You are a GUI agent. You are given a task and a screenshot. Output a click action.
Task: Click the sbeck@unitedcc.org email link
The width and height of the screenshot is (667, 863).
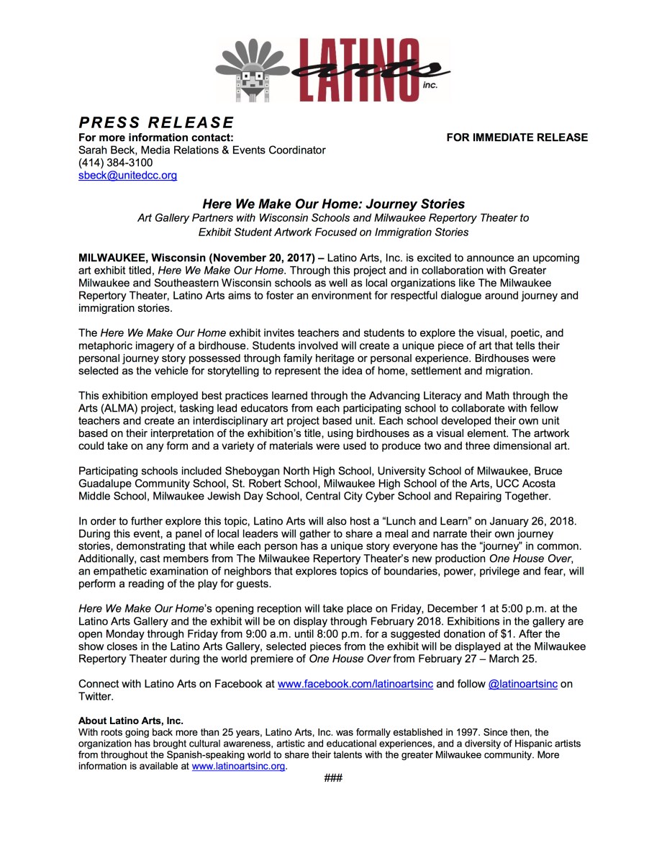click(127, 175)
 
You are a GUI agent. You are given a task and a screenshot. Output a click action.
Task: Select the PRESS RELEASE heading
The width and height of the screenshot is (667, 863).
click(156, 122)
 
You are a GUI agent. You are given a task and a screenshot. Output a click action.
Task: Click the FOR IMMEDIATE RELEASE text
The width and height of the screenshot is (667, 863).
click(517, 137)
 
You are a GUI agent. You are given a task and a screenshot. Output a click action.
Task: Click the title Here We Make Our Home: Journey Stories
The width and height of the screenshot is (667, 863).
click(333, 204)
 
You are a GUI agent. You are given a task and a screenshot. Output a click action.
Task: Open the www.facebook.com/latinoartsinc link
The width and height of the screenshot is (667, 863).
click(355, 683)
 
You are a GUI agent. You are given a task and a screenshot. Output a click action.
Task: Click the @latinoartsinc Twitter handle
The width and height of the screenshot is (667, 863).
click(522, 683)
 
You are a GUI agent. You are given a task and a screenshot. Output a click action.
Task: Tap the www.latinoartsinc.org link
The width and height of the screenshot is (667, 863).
click(239, 766)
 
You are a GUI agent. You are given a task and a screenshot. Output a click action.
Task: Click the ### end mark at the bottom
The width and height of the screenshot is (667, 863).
click(333, 778)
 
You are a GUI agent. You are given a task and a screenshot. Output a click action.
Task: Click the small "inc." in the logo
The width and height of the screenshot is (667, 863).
click(430, 84)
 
